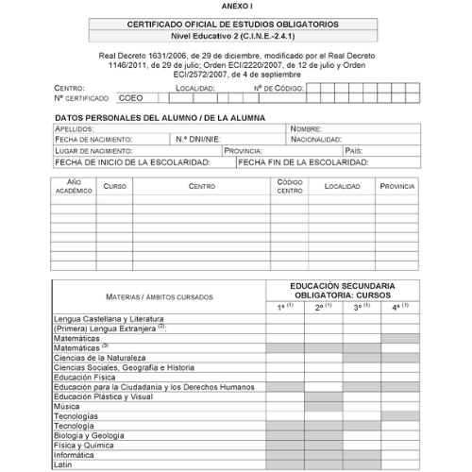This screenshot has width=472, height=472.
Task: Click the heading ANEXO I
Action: pyautogui.click(x=236, y=6)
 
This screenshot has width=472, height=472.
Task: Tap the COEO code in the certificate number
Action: pyautogui.click(x=131, y=97)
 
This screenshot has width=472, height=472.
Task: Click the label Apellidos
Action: pyautogui.click(x=75, y=128)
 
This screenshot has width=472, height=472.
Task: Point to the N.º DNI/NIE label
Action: pyautogui.click(x=197, y=139)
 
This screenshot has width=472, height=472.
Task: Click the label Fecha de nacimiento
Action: pyautogui.click(x=93, y=139)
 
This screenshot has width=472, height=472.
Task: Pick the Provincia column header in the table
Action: pyautogui.click(x=396, y=186)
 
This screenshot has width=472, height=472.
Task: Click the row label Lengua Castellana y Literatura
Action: pyautogui.click(x=109, y=319)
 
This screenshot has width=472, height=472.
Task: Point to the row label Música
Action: pyautogui.click(x=66, y=406)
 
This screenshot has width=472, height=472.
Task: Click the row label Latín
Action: pyautogui.click(x=63, y=464)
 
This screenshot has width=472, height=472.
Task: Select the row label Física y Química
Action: pyautogui.click(x=83, y=445)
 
